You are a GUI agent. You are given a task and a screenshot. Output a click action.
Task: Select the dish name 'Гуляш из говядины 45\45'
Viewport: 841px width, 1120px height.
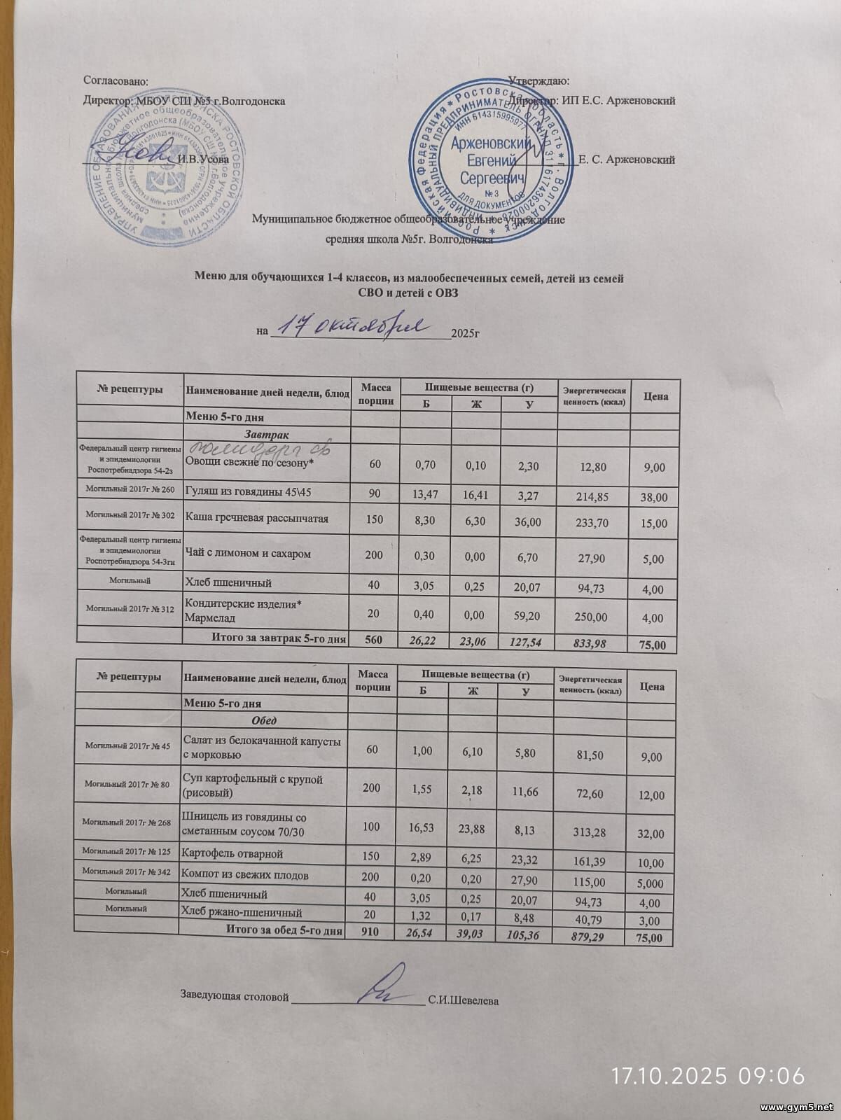point(248,493)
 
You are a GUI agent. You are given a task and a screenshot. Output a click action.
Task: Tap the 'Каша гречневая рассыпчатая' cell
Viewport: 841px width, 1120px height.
point(256,519)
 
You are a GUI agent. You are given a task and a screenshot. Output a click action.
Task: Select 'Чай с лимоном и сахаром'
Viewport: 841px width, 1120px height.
point(248,554)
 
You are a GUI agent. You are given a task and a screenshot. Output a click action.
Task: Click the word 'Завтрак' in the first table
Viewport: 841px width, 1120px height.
point(264,435)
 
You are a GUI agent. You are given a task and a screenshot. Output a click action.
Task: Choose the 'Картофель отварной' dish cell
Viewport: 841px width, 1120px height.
point(232,854)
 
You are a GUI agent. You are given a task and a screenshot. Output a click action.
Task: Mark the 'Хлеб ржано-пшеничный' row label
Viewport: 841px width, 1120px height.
point(242,913)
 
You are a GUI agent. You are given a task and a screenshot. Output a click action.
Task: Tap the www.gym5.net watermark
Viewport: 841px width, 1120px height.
point(797,1107)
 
